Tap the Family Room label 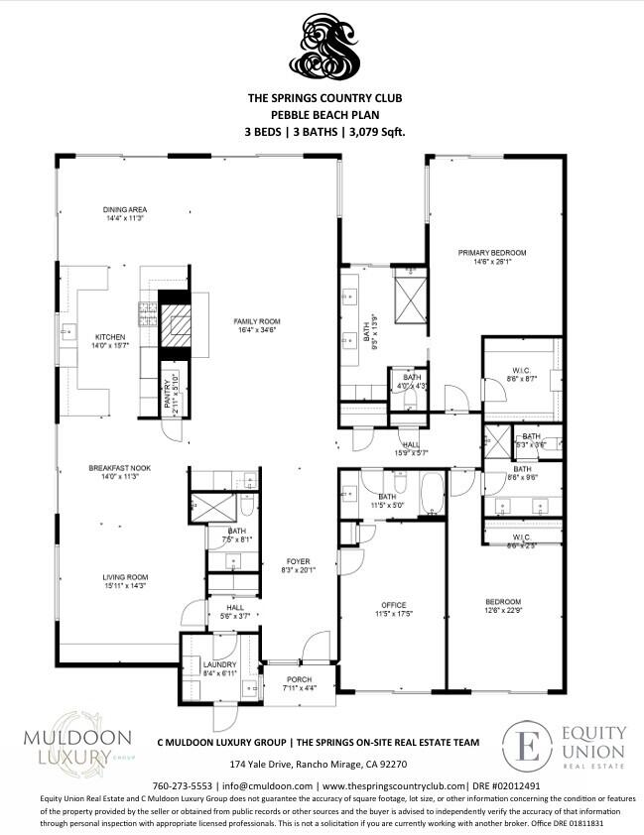pyautogui.click(x=257, y=321)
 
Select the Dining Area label pyautogui.click(x=125, y=209)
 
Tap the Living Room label pyautogui.click(x=125, y=576)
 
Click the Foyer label pyautogui.click(x=299, y=561)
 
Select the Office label pyautogui.click(x=395, y=604)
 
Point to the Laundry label pyautogui.click(x=218, y=664)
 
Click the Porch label pyautogui.click(x=299, y=679)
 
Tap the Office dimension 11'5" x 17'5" pyautogui.click(x=395, y=614)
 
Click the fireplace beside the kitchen pyautogui.click(x=174, y=322)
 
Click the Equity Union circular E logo pyautogui.click(x=528, y=745)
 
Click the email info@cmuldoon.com pyautogui.click(x=261, y=783)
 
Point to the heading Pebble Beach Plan pyautogui.click(x=323, y=114)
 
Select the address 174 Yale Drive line pyautogui.click(x=319, y=765)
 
